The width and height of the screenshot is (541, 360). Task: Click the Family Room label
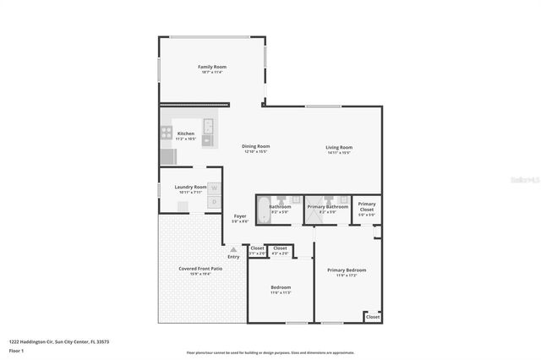(212, 67)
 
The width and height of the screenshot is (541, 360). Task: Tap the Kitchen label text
(186, 134)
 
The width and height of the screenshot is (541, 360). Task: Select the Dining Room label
(256, 146)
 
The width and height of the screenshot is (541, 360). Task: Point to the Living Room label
(339, 147)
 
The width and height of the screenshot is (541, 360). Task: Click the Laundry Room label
(190, 187)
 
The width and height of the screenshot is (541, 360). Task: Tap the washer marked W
(215, 188)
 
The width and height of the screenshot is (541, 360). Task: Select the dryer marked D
(215, 202)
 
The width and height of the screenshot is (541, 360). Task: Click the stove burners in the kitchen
(167, 134)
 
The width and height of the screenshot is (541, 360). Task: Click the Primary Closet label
(366, 206)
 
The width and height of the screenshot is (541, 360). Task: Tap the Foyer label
(240, 216)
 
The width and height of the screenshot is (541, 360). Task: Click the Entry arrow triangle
(233, 249)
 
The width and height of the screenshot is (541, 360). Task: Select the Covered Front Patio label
(200, 269)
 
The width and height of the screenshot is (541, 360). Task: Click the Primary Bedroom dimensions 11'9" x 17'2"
(346, 275)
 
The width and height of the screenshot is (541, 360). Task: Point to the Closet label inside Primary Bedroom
(372, 317)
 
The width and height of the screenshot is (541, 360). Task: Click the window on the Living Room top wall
(317, 106)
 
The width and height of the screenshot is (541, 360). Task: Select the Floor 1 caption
(16, 350)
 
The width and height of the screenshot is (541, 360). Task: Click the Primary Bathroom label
(327, 206)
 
